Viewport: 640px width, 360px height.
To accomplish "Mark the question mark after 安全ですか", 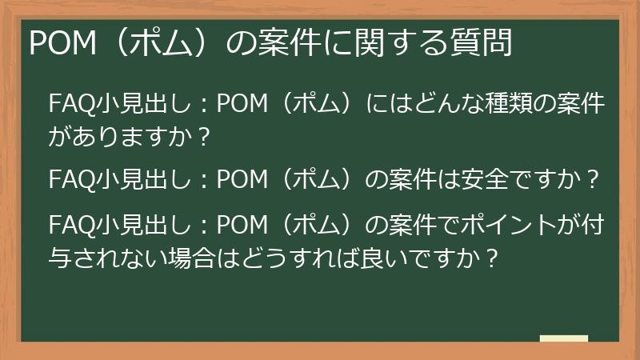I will point(593,180).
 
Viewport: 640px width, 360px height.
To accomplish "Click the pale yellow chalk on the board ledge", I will point(563,339).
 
